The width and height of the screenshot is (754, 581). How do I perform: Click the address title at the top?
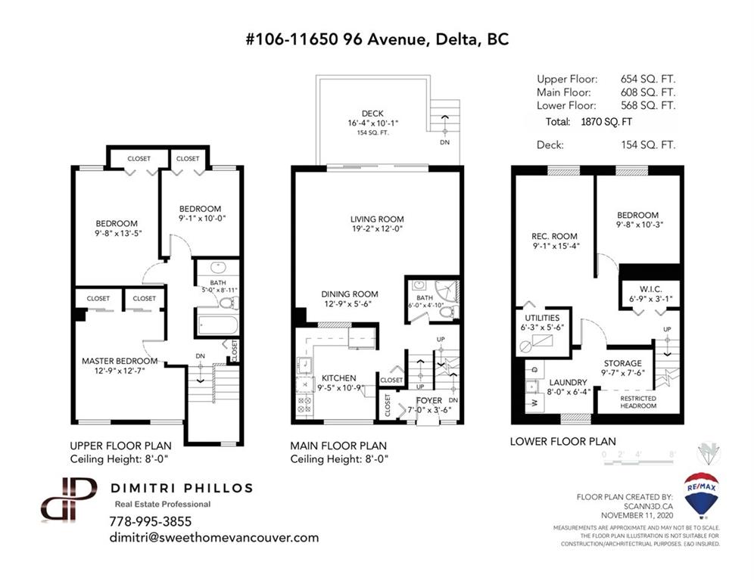(x=377, y=39)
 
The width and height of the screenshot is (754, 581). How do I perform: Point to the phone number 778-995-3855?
(x=151, y=521)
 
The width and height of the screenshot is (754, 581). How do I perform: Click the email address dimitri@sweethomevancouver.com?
(x=214, y=537)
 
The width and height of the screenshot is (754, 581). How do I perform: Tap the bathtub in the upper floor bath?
(x=218, y=325)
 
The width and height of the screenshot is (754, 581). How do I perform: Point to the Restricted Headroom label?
(x=638, y=402)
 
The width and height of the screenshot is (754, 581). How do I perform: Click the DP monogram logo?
(x=69, y=499)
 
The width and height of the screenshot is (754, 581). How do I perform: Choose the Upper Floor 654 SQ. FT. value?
(x=648, y=79)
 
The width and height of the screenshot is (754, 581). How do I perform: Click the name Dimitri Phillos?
(x=182, y=488)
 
